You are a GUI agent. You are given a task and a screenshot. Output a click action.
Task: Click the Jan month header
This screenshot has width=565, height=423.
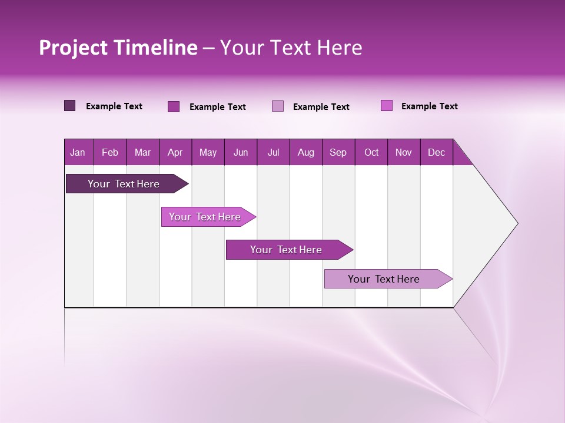(x=78, y=153)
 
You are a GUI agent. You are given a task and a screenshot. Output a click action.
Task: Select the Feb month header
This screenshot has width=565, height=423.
(x=110, y=153)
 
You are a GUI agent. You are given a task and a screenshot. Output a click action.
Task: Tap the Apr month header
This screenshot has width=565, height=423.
(x=175, y=153)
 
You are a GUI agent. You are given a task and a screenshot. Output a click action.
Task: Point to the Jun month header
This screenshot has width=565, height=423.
(x=241, y=153)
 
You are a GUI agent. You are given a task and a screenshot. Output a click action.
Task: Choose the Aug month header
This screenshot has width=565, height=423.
(x=306, y=153)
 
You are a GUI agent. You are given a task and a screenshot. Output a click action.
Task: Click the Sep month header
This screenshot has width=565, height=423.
(x=338, y=153)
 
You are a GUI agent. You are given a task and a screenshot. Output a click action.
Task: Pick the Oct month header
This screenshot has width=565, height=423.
(x=371, y=153)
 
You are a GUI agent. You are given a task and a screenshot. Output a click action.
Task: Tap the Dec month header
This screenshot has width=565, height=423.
(x=437, y=153)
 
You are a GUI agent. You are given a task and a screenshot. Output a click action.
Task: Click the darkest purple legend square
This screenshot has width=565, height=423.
(x=70, y=106)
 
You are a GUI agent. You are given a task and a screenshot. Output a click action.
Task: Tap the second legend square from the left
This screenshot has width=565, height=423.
(x=174, y=106)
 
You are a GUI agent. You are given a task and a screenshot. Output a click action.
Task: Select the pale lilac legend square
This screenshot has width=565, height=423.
(x=278, y=106)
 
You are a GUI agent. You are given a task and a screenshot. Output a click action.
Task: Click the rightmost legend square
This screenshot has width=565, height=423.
(x=386, y=106)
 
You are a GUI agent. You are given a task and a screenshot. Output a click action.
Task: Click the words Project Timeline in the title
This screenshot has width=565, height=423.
(x=118, y=48)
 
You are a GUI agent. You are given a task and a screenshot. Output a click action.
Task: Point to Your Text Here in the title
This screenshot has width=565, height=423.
(x=291, y=48)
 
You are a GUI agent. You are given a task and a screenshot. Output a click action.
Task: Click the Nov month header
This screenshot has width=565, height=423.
(x=404, y=153)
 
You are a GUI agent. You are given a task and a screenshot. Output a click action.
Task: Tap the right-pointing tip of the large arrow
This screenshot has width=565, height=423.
(x=516, y=223)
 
